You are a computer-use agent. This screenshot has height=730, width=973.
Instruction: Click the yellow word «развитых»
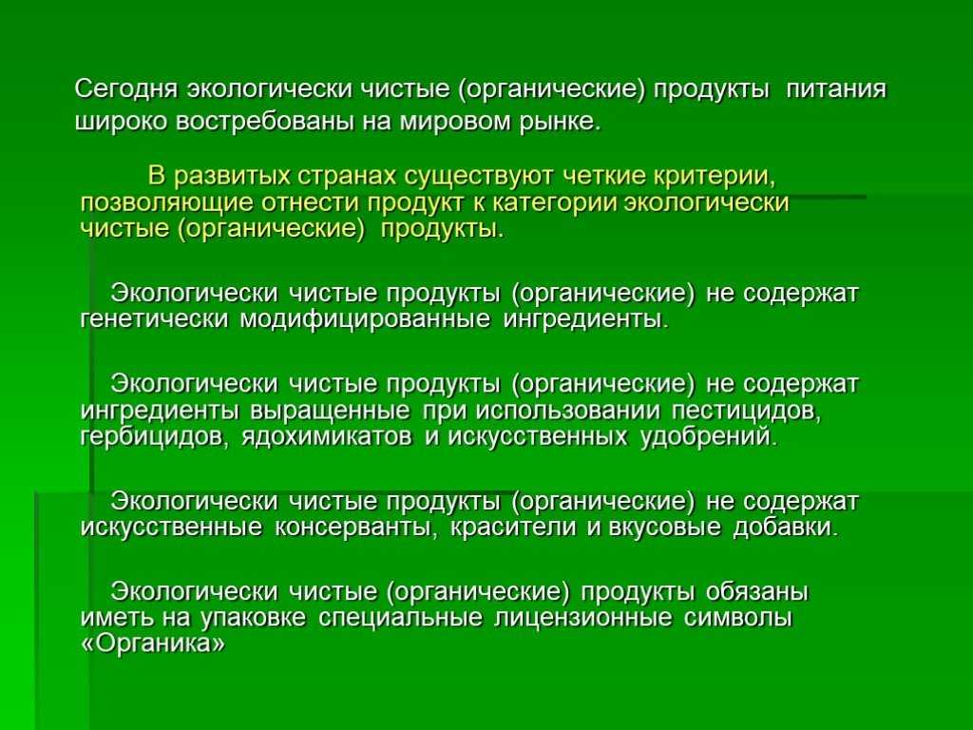(230, 177)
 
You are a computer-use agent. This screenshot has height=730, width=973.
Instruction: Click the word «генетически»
(155, 319)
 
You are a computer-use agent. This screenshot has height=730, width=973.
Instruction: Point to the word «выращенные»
(330, 412)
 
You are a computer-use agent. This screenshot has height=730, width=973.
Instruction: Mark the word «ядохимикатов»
(327, 437)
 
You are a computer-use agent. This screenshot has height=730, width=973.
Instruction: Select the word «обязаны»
(757, 592)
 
